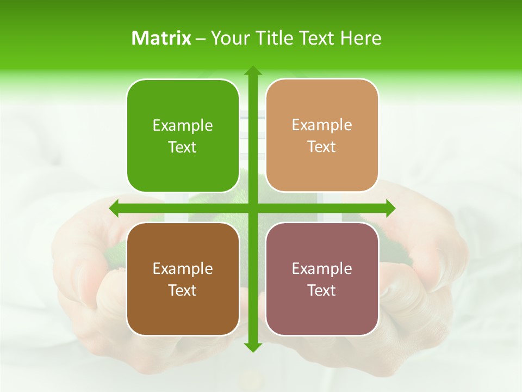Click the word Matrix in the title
[161, 38]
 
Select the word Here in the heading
[361, 38]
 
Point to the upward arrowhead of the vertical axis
[252, 71]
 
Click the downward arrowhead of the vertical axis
[252, 347]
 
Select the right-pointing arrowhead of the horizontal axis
[390, 208]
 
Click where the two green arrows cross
[252, 208]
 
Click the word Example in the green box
[183, 126]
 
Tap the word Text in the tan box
[322, 147]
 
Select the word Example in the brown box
[183, 269]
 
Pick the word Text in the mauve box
[322, 290]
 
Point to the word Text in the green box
[183, 148]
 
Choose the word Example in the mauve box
[322, 268]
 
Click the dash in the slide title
[201, 39]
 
